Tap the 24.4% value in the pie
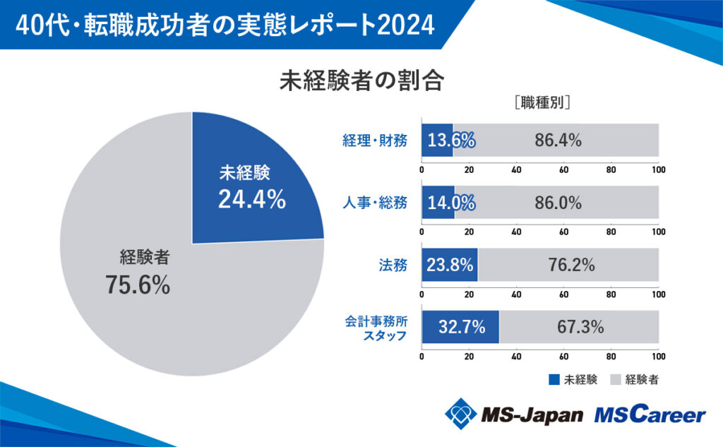click(x=251, y=200)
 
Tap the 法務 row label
click(x=395, y=266)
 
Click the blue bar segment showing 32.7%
click(x=460, y=327)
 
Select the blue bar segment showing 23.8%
click(x=450, y=266)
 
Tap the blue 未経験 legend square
click(x=554, y=379)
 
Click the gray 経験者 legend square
click(x=614, y=379)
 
